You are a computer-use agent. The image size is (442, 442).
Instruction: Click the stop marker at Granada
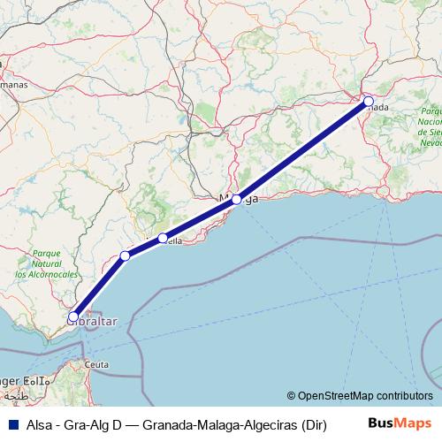click(x=369, y=101)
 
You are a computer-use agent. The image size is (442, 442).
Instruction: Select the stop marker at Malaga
click(x=237, y=200)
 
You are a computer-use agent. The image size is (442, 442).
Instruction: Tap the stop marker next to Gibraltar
click(x=73, y=315)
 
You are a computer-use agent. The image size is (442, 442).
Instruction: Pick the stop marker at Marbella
click(x=163, y=238)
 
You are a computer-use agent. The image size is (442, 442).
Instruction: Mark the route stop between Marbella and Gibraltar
click(x=126, y=255)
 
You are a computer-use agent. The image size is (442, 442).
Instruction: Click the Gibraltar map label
click(x=92, y=323)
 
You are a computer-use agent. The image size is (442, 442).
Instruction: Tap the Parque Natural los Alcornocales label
click(x=45, y=263)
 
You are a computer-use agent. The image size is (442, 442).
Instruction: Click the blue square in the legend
click(x=12, y=424)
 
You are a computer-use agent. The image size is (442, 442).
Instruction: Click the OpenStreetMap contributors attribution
click(x=365, y=397)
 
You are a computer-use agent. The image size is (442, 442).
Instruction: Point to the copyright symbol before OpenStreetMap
click(x=292, y=397)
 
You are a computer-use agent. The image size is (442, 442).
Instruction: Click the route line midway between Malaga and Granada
click(x=302, y=150)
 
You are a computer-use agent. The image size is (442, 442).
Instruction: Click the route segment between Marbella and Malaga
click(x=200, y=219)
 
